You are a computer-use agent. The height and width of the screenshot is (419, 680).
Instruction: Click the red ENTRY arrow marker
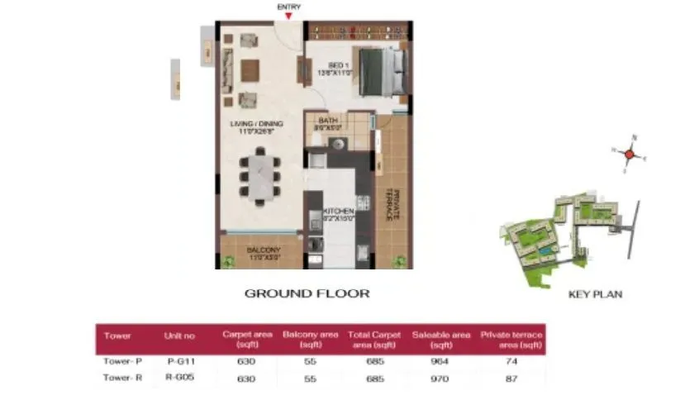(288, 16)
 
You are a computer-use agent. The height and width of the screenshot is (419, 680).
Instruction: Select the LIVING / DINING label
(256, 126)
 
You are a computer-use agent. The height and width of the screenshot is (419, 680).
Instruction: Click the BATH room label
(327, 123)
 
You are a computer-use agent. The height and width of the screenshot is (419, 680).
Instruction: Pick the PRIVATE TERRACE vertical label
(395, 202)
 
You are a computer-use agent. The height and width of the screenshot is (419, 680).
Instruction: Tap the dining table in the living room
(260, 174)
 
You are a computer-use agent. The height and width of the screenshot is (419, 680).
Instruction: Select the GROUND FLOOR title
(307, 293)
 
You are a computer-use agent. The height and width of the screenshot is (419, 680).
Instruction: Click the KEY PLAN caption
(595, 294)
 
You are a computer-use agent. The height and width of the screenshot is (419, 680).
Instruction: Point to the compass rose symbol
(629, 154)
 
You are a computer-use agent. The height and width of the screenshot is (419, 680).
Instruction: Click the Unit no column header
(179, 336)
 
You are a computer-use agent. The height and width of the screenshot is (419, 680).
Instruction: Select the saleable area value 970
(441, 379)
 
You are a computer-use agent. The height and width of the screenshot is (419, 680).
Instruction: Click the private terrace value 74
(511, 361)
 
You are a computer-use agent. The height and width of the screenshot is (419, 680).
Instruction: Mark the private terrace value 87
(511, 379)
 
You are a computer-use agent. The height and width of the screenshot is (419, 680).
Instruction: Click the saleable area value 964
(441, 361)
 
